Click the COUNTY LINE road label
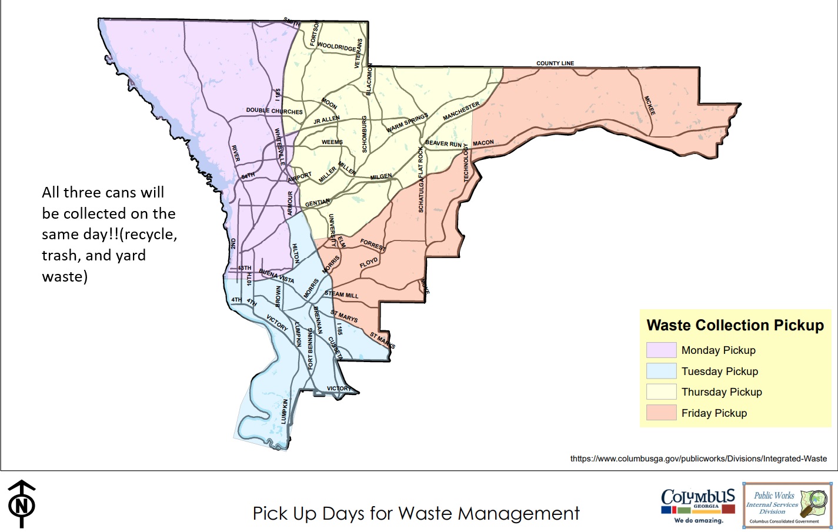pos(555,63)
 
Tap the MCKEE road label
pos(650,105)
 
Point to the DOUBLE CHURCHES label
pos(274,111)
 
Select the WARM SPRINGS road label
pos(407,123)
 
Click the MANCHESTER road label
pos(461,111)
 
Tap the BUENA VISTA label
pos(276,276)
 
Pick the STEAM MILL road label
pos(341,295)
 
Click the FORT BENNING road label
pos(311,349)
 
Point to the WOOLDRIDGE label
pos(336,46)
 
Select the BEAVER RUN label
pos(443,143)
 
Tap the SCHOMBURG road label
pos(365,134)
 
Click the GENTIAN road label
pos(317,203)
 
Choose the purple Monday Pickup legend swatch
pos(661,350)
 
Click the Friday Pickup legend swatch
pos(661,413)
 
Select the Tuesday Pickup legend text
pos(720,372)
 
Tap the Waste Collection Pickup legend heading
pos(735,326)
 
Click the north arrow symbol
pos(22,504)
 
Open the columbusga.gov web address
pos(698,459)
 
